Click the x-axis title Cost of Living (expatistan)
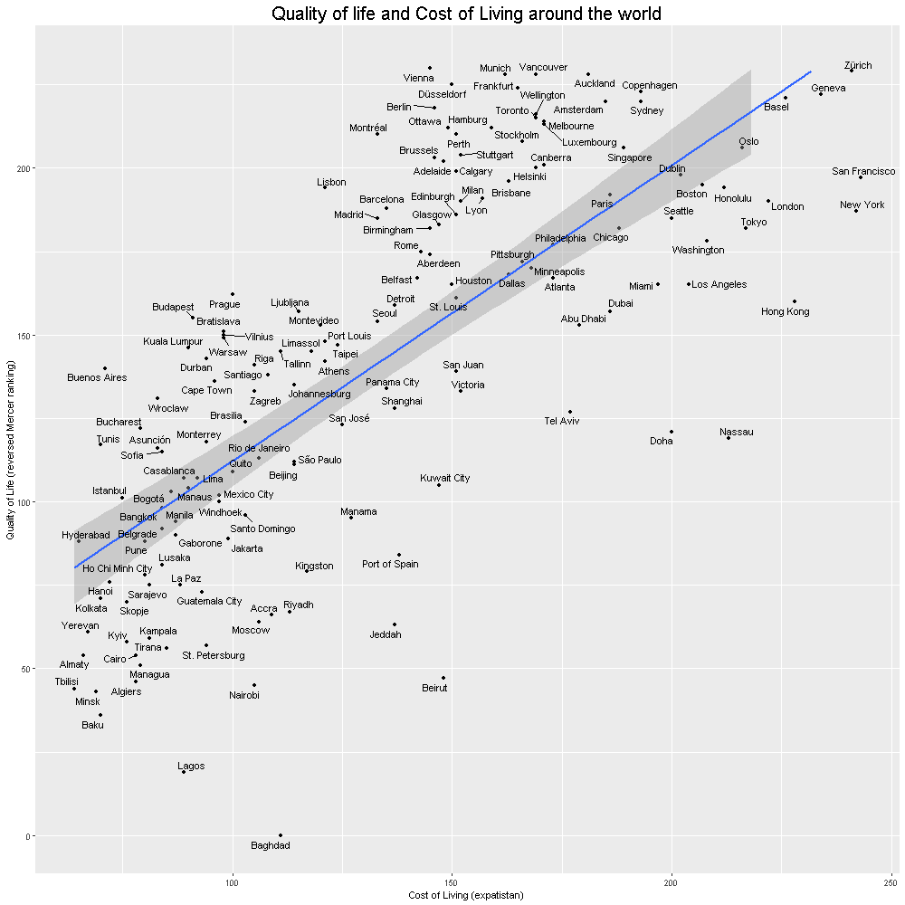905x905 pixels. (466, 894)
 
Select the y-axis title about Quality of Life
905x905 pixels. (11, 450)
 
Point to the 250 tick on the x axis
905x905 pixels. (891, 881)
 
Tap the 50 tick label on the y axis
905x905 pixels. (24, 669)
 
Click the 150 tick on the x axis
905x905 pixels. (452, 881)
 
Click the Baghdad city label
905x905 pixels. (271, 846)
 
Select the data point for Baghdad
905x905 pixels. (281, 834)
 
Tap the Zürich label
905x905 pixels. (858, 66)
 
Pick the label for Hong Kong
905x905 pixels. (786, 312)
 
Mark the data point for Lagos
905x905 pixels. (183, 772)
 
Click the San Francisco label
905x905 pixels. (863, 172)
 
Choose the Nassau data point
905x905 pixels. (729, 438)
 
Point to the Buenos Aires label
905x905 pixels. (97, 377)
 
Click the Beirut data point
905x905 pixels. (443, 677)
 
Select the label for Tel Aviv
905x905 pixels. (563, 421)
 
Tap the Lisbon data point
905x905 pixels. (325, 187)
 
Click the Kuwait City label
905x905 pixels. (445, 478)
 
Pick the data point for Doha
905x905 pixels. (672, 432)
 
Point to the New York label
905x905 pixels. (862, 205)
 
